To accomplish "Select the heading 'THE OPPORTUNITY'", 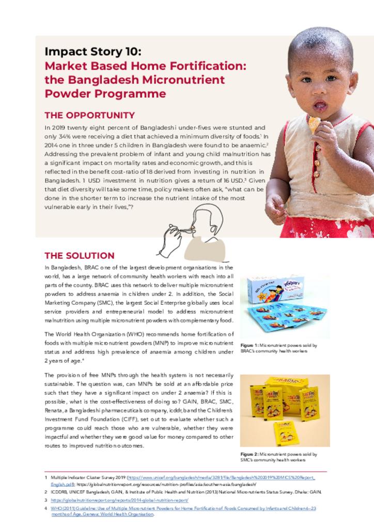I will (89, 115).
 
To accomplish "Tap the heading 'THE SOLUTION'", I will (79, 256).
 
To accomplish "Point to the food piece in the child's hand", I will (314, 123).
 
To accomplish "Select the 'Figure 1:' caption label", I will (250, 345).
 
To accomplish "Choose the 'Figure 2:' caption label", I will (250, 454).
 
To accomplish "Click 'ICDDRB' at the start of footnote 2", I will (59, 492).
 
